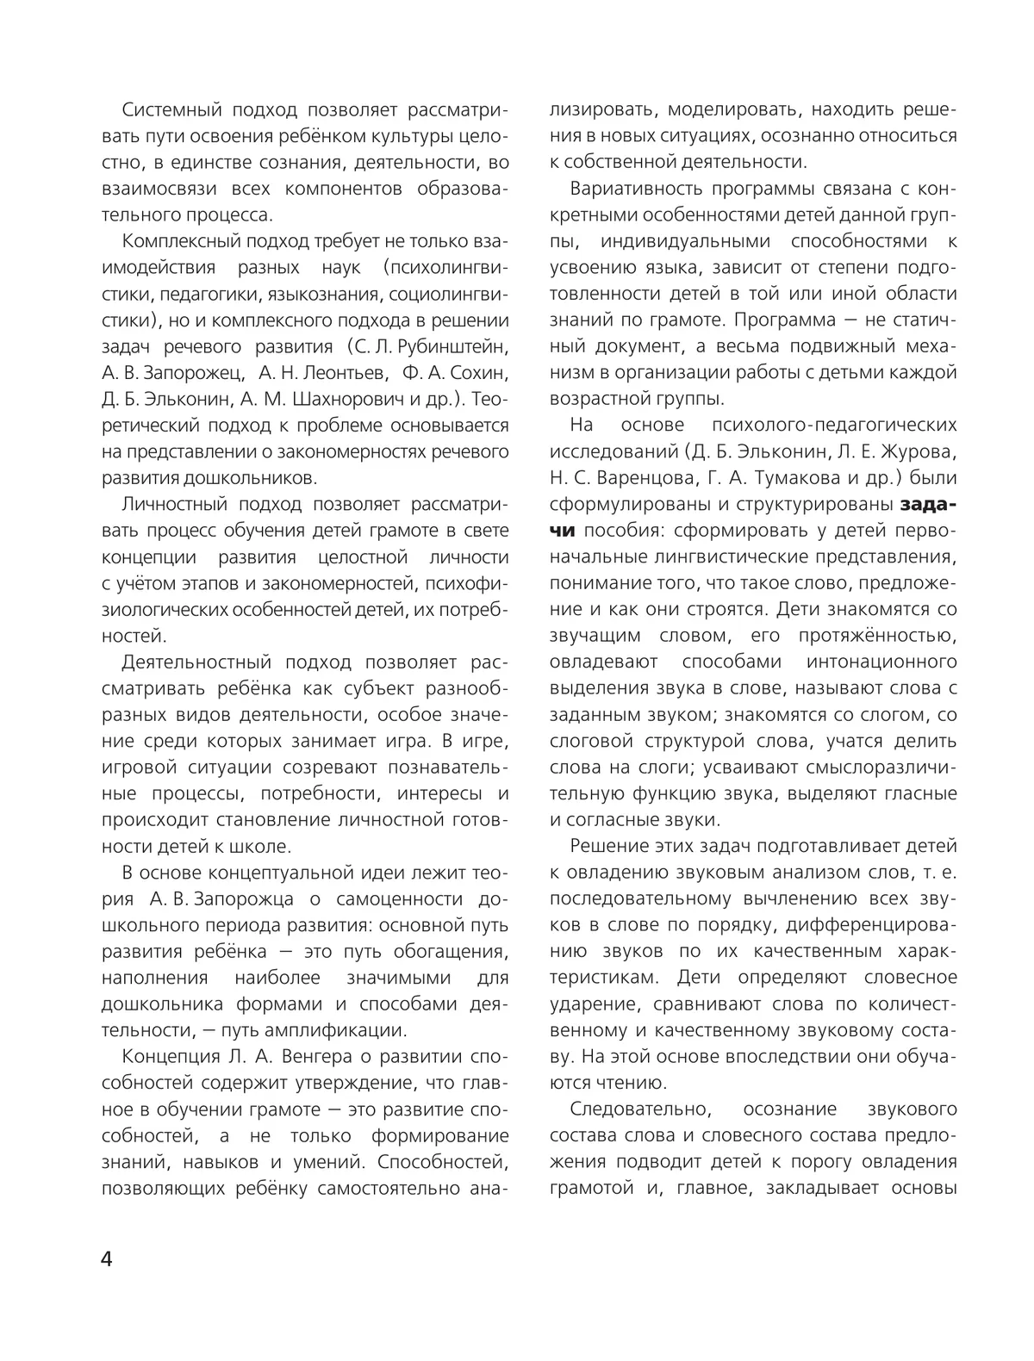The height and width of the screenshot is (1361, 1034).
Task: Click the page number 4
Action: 107,1259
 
